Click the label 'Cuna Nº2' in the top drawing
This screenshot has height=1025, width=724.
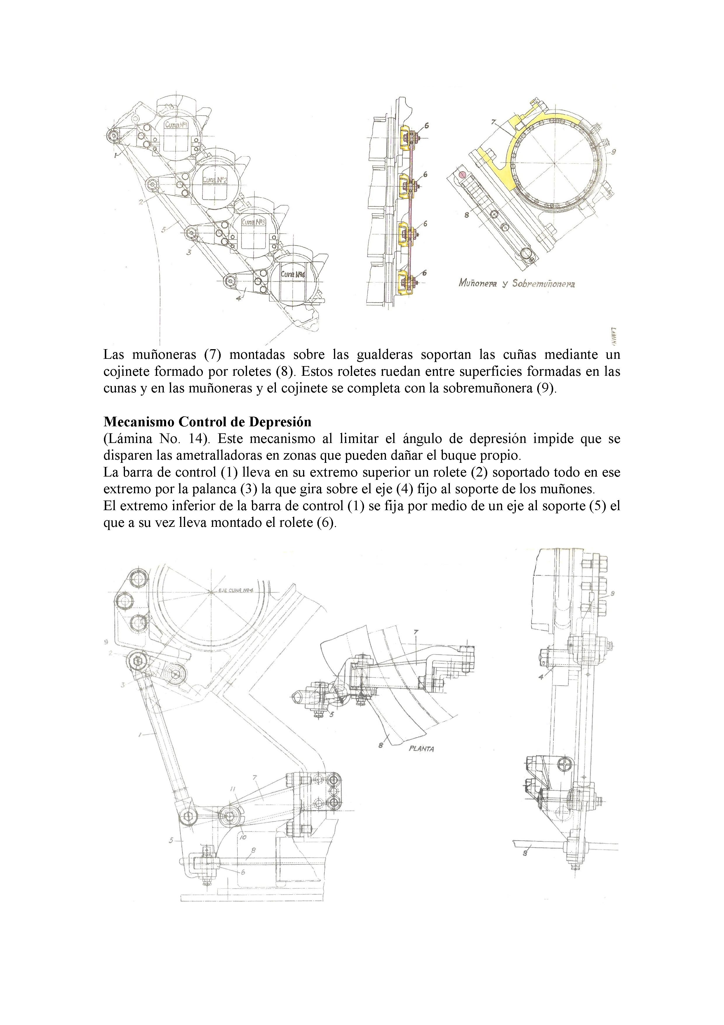click(x=215, y=180)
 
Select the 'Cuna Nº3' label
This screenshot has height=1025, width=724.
click(x=254, y=222)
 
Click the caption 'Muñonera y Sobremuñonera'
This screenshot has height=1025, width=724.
click(x=516, y=283)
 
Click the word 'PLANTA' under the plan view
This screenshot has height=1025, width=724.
click(x=421, y=749)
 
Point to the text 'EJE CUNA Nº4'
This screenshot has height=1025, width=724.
click(x=236, y=591)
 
